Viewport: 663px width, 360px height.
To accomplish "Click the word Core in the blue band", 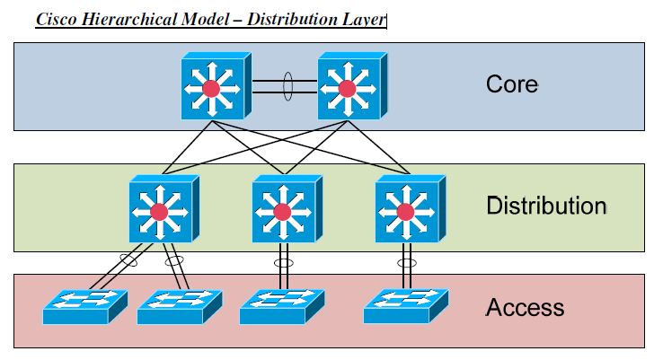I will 511,84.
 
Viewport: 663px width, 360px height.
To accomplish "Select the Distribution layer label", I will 545,206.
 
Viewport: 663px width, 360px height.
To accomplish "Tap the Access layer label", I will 525,308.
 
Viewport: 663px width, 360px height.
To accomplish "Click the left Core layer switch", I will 212,87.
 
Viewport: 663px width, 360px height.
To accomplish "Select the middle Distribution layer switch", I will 282,210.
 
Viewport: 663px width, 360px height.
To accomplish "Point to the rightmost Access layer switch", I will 404,308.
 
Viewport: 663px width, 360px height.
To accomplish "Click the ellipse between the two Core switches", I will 287,87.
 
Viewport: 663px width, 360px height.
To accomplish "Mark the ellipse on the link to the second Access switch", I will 173,263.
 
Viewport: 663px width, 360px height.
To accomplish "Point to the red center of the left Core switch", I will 212,88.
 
